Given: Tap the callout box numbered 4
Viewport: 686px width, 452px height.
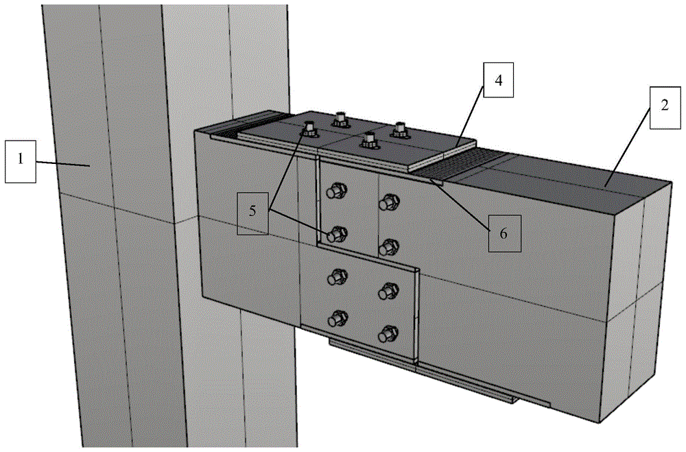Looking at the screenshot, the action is click(498, 80).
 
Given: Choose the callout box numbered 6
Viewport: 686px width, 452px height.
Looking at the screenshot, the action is click(504, 233).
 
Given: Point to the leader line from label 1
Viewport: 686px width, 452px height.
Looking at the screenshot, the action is click(62, 164).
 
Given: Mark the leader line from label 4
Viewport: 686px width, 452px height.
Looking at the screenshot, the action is click(470, 116).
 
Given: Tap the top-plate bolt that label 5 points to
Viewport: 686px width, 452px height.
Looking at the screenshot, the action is click(309, 128).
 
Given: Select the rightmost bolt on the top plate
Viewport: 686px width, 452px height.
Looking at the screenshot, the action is click(399, 130).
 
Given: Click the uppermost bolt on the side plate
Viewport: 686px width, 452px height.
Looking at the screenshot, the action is click(337, 191).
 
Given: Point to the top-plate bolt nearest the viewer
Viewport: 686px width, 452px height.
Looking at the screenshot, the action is click(369, 141).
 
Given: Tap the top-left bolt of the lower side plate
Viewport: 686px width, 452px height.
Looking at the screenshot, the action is click(337, 277).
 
